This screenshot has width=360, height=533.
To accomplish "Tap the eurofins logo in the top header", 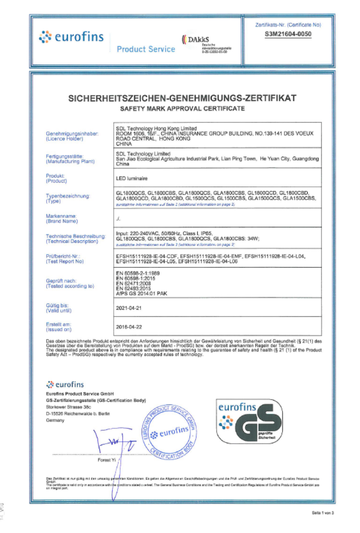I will click(x=71, y=37).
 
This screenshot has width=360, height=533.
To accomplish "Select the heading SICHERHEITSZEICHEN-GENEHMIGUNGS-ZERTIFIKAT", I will click(x=182, y=98).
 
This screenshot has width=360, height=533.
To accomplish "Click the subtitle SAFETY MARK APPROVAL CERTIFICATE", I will click(x=182, y=109).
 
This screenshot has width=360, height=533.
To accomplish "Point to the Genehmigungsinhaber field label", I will click(x=72, y=134).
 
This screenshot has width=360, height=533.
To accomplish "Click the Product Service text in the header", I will click(x=146, y=49).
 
